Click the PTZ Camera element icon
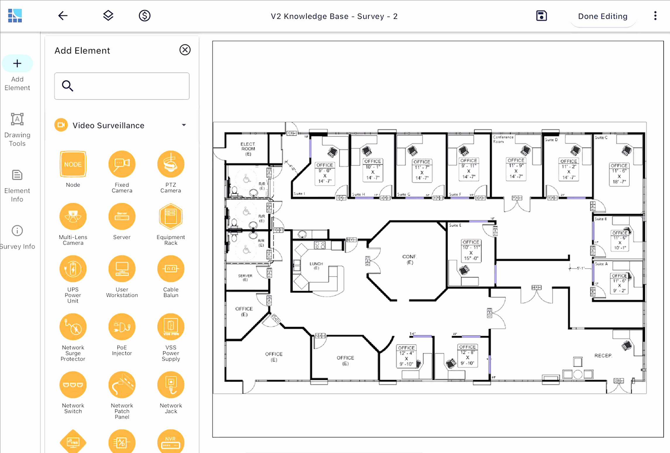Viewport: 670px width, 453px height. click(171, 164)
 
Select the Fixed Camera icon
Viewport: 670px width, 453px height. click(122, 164)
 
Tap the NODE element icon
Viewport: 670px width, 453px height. click(73, 164)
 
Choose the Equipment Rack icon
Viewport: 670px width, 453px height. click(171, 216)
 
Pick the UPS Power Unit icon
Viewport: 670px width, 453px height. click(73, 269)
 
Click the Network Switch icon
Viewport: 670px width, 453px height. click(73, 385)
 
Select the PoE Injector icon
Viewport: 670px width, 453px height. click(122, 327)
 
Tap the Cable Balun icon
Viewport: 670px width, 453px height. click(171, 269)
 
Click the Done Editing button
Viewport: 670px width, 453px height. click(602, 16)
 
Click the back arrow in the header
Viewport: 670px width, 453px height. click(63, 15)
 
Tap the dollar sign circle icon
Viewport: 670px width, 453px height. click(144, 15)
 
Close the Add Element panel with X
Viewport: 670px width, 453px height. click(185, 50)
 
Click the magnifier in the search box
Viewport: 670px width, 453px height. click(68, 86)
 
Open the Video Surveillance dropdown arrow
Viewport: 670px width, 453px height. click(184, 125)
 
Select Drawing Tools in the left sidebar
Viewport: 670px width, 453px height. click(17, 130)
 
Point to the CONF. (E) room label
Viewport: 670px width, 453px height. click(410, 259)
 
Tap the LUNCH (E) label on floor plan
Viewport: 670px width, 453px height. click(316, 265)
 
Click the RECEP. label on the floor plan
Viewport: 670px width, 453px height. click(603, 356)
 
